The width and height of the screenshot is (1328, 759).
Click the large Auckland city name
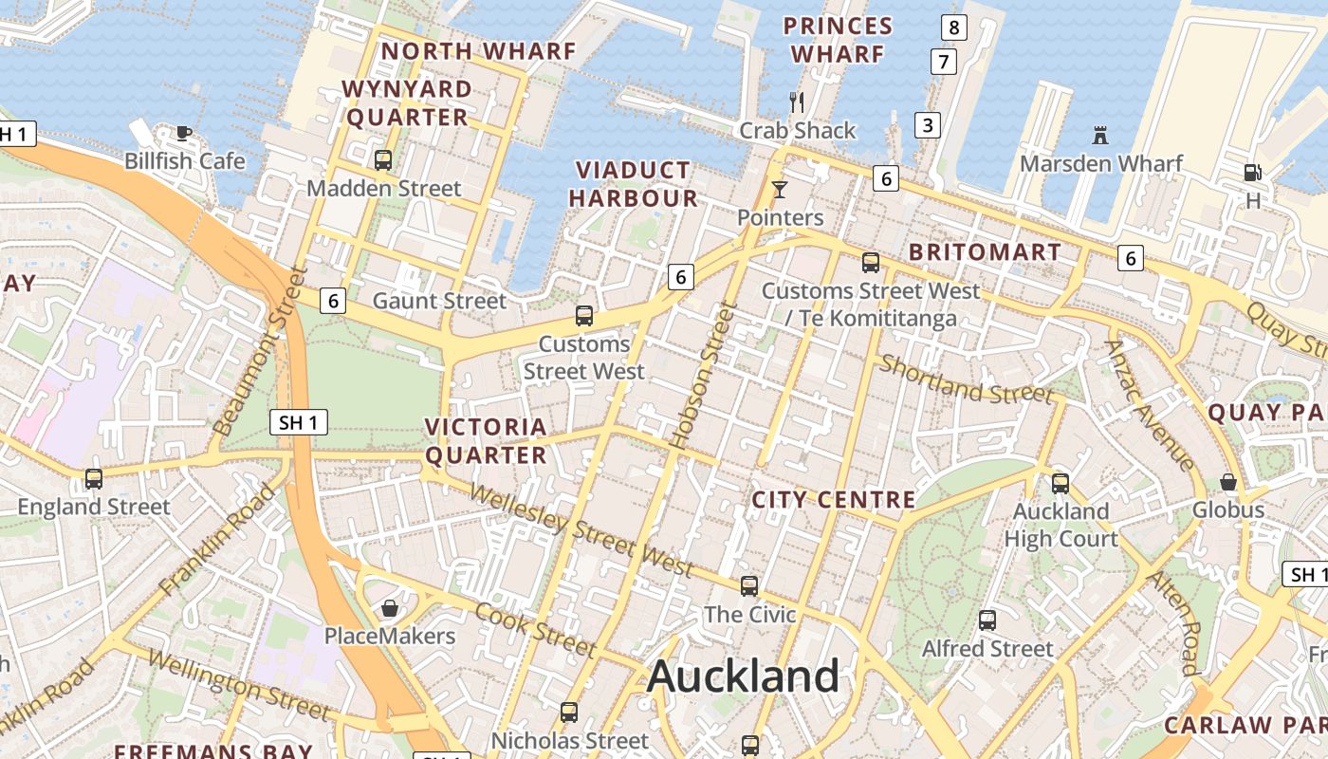click(x=743, y=676)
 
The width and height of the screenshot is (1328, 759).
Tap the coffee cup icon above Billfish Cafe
click(x=184, y=133)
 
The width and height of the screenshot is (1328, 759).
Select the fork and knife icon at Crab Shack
click(x=797, y=102)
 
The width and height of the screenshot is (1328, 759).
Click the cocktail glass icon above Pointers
click(x=780, y=190)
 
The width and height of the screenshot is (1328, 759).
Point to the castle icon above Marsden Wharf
click(x=1100, y=136)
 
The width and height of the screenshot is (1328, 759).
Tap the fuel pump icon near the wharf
click(x=1253, y=173)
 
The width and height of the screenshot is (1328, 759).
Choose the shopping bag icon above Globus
click(x=1228, y=482)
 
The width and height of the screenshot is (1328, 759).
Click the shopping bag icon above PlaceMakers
click(x=389, y=607)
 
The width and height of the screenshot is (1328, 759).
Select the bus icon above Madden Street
click(x=383, y=160)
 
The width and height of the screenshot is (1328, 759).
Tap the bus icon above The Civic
click(x=749, y=586)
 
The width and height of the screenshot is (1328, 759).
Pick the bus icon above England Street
click(x=93, y=479)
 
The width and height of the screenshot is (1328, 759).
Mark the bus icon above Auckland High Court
click(x=1061, y=484)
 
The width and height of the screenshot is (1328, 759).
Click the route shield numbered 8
click(x=953, y=28)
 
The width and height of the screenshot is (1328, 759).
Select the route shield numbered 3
click(x=927, y=124)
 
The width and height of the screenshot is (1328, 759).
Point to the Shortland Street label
click(x=966, y=379)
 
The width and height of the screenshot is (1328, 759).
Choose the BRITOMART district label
click(x=985, y=252)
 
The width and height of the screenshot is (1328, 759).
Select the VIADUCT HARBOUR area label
click(x=634, y=184)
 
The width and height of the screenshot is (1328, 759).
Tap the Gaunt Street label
click(x=439, y=301)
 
